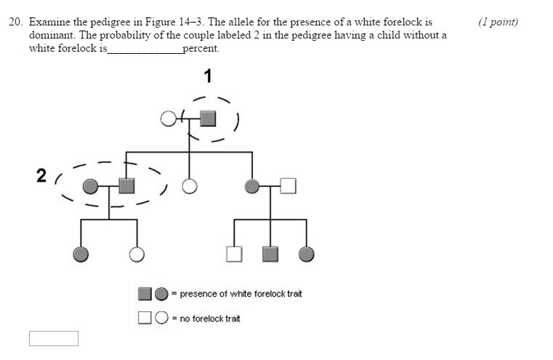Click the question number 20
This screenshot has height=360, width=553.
15,22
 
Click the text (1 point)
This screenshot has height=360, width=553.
498,22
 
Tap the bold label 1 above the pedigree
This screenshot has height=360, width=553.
208,76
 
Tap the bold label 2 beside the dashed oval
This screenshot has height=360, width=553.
41,175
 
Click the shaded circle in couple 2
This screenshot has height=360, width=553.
89,187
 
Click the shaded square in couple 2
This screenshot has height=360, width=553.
126,186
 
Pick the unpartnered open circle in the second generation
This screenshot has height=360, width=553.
189,187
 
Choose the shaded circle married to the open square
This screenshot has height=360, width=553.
253,187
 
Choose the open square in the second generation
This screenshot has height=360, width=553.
288,187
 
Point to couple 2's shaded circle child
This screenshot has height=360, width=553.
81,254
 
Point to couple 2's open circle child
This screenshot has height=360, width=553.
136,254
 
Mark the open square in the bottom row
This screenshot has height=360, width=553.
234,254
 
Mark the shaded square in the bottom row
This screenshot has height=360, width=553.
270,254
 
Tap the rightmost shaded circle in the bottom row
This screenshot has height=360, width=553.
307,254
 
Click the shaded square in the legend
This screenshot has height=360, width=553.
145,294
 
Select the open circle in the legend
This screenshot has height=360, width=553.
161,318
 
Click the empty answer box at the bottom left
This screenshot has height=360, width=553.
53,339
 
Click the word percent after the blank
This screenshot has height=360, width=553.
201,49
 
